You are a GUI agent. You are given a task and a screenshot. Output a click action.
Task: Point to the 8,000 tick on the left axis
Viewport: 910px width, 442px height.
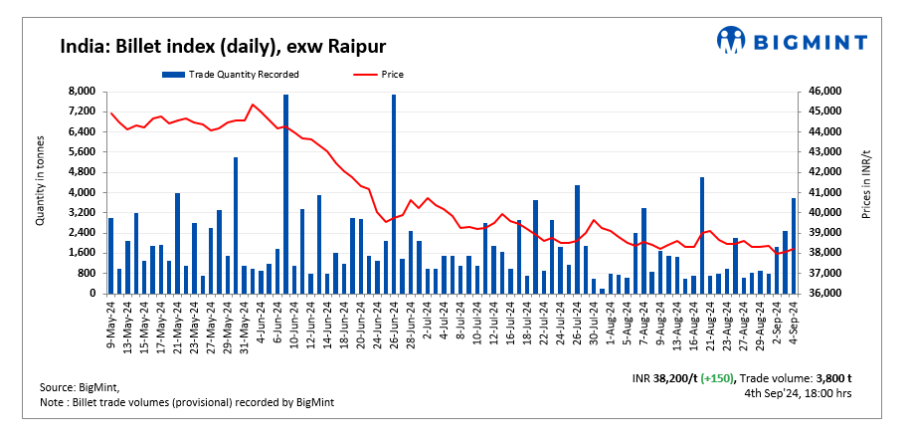pyautogui.click(x=81, y=91)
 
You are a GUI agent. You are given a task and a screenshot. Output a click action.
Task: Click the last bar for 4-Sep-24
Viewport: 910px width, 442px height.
pyautogui.click(x=794, y=246)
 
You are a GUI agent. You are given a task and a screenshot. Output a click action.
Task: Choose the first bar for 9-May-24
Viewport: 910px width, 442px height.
pyautogui.click(x=110, y=256)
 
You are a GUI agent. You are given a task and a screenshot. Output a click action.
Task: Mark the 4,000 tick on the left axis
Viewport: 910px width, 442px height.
pyautogui.click(x=81, y=192)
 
